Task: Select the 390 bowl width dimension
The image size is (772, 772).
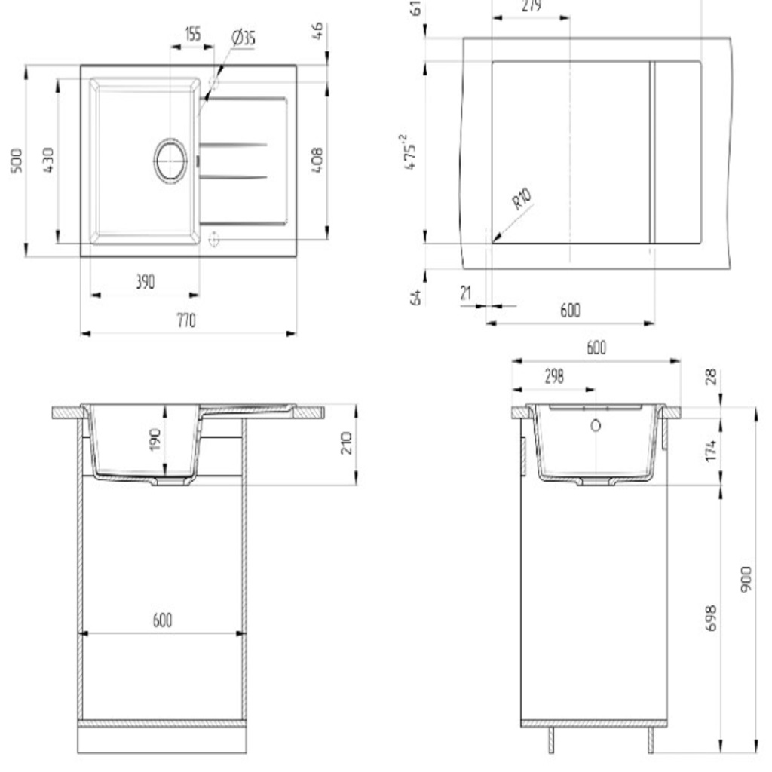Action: [145, 282]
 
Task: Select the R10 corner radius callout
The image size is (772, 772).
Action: [522, 200]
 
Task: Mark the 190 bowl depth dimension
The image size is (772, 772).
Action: [155, 439]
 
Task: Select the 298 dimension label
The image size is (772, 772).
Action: [554, 377]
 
